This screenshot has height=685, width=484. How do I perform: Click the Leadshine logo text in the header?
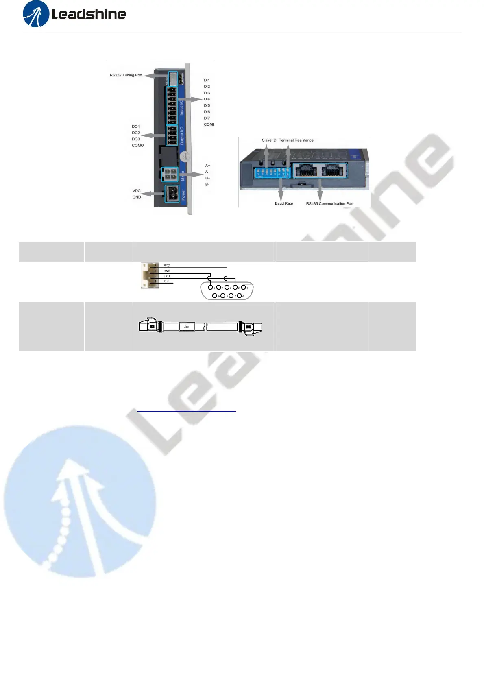pos(88,15)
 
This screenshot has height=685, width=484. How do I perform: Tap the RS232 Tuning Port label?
pos(126,75)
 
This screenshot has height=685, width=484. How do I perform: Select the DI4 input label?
pos(207,99)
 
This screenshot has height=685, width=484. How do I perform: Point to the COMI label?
pos(209,124)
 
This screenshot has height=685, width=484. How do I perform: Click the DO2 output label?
pos(136,133)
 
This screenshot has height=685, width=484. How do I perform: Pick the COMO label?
pos(138,146)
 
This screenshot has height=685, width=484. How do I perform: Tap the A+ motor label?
pos(208,166)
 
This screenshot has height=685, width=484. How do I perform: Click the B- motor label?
pos(207,185)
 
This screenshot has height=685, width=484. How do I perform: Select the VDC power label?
pos(136,191)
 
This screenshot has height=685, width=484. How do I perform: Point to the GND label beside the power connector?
pos(137,197)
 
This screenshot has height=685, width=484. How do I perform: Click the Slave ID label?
pos(269,140)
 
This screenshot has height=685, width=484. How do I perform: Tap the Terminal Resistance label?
pos(296,140)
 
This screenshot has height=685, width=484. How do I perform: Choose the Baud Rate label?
pos(284,203)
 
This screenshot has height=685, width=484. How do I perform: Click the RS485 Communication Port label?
pos(330,204)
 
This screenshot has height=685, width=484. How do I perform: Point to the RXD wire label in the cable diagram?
pos(167,266)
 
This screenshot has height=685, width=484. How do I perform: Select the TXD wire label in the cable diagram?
pos(167,276)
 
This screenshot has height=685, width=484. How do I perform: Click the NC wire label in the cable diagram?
pos(166,281)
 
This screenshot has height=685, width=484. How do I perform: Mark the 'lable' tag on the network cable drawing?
pos(186,327)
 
